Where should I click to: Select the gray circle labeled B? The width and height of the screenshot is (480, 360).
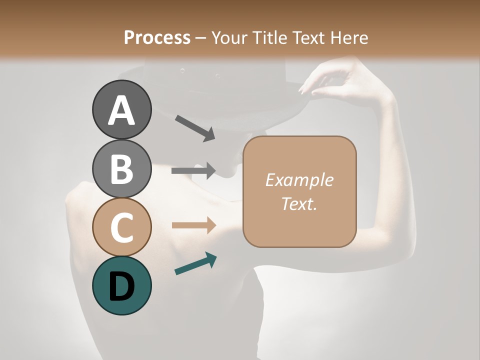[121, 168]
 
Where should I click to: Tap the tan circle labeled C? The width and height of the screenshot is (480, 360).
[121, 227]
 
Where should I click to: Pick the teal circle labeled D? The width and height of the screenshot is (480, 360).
[121, 285]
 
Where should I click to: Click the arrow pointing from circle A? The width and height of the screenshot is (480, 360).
[195, 128]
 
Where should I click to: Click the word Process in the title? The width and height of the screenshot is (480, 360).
[157, 37]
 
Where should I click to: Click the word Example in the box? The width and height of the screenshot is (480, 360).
[299, 180]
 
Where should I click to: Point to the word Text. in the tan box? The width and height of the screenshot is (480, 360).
[299, 203]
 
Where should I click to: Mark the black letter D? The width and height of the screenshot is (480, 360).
[121, 285]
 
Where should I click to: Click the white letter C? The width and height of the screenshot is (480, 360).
[121, 227]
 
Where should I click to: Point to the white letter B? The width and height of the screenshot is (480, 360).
[121, 168]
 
